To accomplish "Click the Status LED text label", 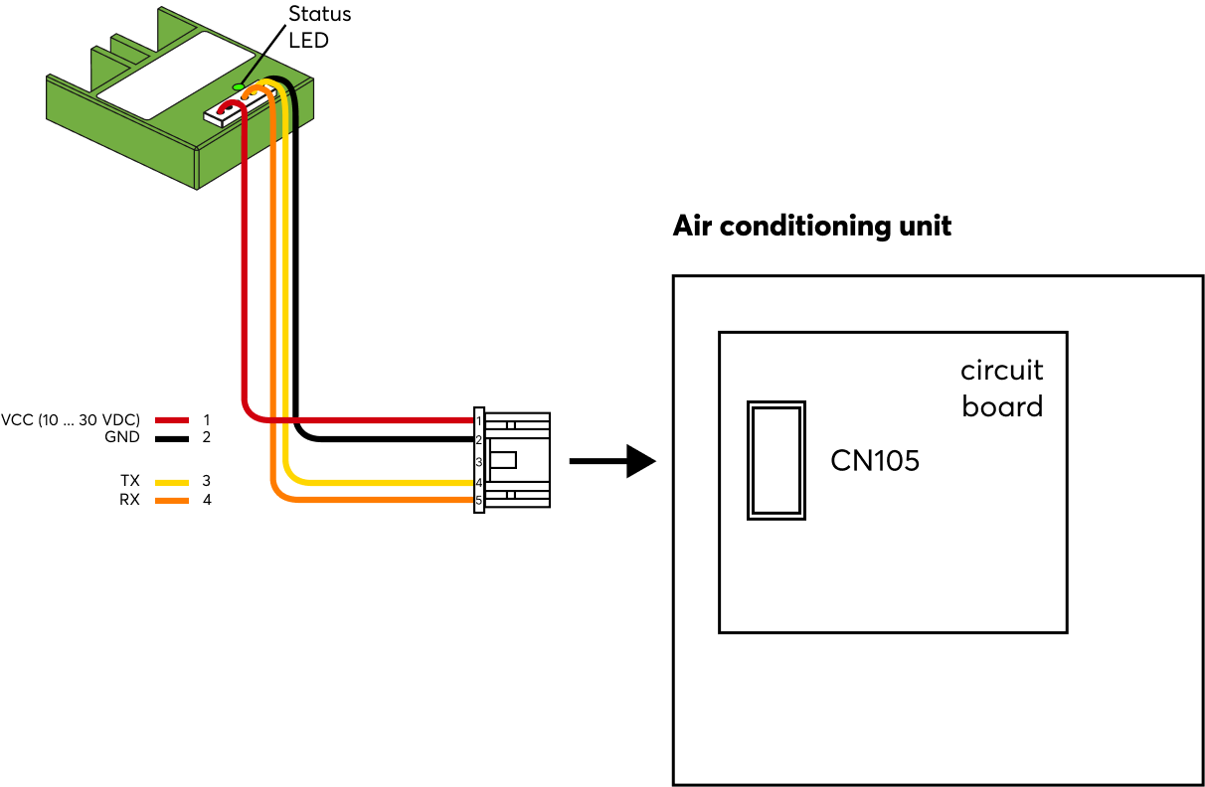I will pyautogui.click(x=318, y=27).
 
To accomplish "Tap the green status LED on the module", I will pyautogui.click(x=238, y=87).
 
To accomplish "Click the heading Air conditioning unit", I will pyautogui.click(x=811, y=226).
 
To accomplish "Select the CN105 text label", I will pyautogui.click(x=875, y=460).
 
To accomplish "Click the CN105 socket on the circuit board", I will pyautogui.click(x=775, y=460).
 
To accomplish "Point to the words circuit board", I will pyautogui.click(x=1001, y=389).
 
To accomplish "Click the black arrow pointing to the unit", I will pyautogui.click(x=612, y=461).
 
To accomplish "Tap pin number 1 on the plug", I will pyautogui.click(x=478, y=420).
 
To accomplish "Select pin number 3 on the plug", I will pyautogui.click(x=478, y=462).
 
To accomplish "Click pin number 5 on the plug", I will pyautogui.click(x=478, y=501).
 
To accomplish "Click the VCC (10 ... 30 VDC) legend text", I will pyautogui.click(x=71, y=419).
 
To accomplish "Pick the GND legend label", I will pyautogui.click(x=121, y=437).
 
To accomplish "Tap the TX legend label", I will pyautogui.click(x=129, y=481).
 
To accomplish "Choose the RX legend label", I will pyautogui.click(x=129, y=500).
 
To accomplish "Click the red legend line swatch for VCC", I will pyautogui.click(x=172, y=420).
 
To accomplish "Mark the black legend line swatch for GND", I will pyautogui.click(x=172, y=438).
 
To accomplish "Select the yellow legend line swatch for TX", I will pyautogui.click(x=172, y=482).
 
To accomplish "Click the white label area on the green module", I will pyautogui.click(x=164, y=78).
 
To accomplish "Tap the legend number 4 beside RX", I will pyautogui.click(x=207, y=500).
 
